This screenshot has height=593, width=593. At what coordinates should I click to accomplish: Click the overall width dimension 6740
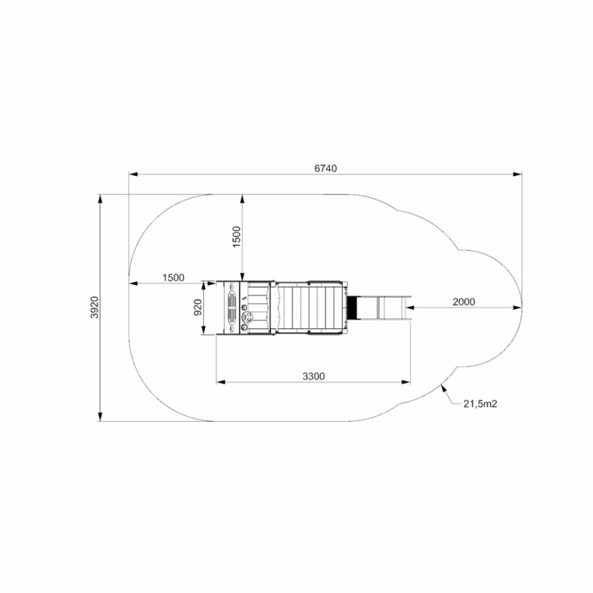[x=325, y=168]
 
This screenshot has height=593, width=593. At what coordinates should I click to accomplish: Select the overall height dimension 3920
[x=94, y=307]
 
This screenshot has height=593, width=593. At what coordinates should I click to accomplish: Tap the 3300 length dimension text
[x=314, y=376]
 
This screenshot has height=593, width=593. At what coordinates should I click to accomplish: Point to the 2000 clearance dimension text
[x=464, y=302]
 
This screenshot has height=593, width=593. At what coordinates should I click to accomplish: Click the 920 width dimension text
[x=198, y=307]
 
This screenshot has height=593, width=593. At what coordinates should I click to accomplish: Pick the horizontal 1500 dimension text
[x=173, y=277]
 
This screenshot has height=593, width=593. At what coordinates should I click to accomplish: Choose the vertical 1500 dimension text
[x=237, y=237]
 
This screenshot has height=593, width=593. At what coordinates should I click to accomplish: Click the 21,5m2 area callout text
[x=480, y=404]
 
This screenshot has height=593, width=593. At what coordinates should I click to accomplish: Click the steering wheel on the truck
[x=247, y=316]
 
